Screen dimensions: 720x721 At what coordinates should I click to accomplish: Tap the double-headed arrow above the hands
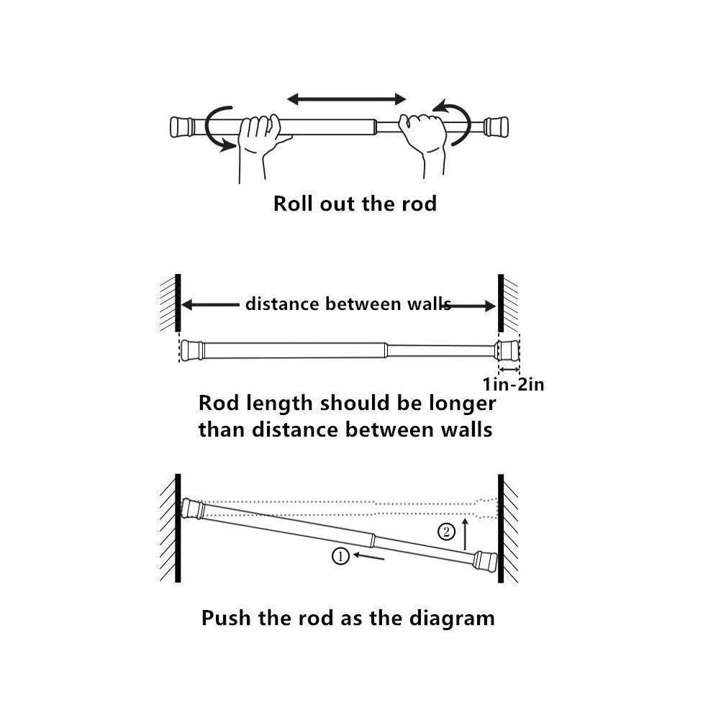[347, 99]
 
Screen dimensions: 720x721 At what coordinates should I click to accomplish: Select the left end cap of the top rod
[181, 127]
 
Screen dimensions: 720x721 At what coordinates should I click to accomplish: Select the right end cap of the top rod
[496, 127]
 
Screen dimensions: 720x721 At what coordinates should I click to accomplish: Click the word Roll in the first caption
[291, 204]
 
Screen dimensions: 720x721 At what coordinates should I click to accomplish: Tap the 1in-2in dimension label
[513, 385]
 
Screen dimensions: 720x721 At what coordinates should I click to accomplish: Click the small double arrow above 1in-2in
[508, 368]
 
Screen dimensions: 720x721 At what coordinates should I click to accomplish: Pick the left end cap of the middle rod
[191, 350]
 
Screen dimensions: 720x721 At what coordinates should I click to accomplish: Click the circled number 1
[341, 555]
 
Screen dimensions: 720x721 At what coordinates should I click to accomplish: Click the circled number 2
[447, 532]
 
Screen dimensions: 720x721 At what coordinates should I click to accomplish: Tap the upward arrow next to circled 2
[466, 533]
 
